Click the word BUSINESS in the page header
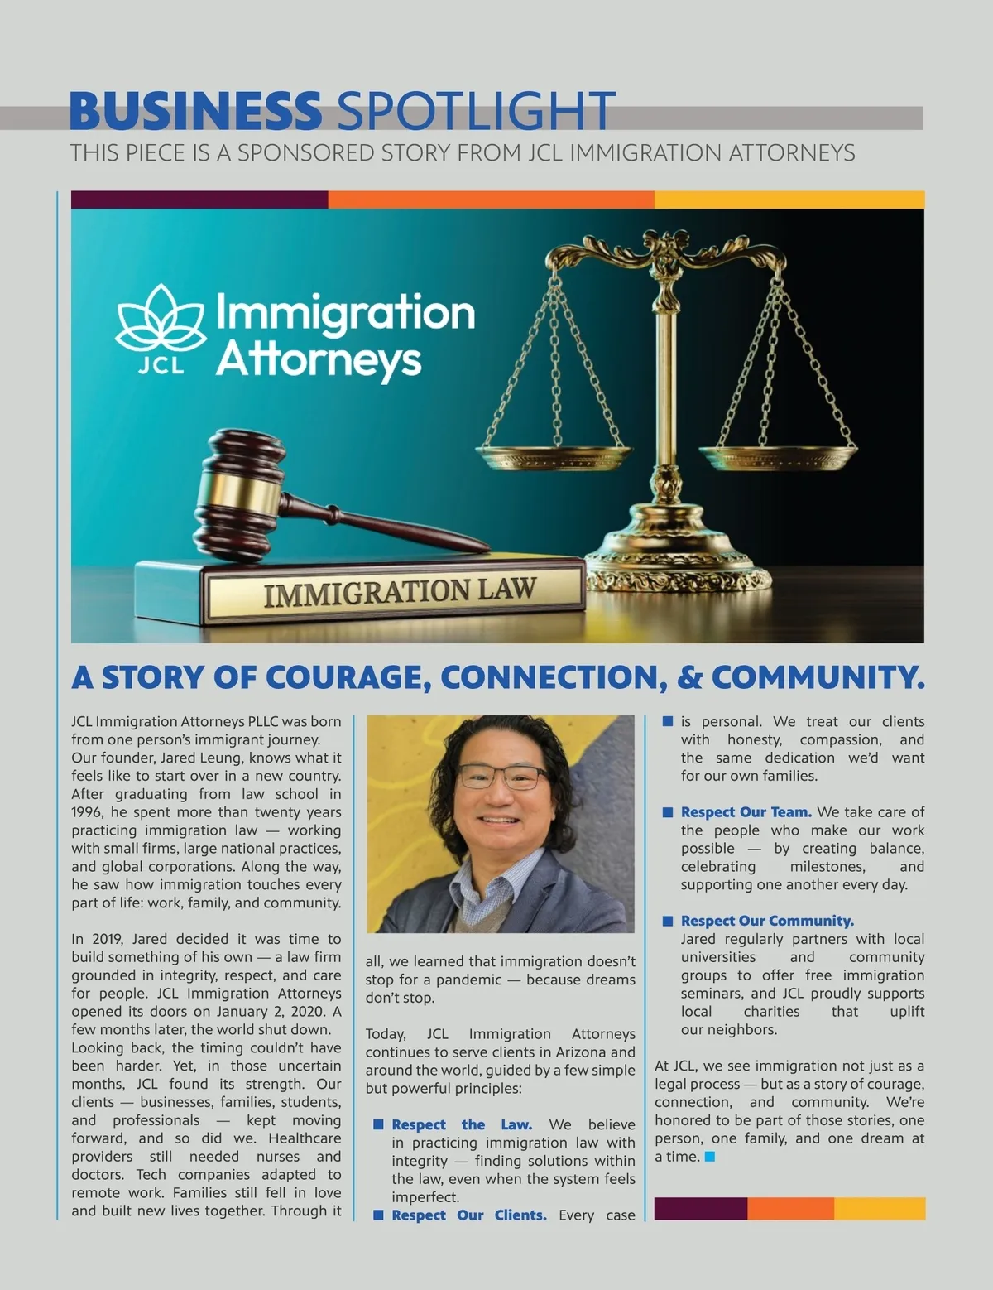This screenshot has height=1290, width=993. click(195, 111)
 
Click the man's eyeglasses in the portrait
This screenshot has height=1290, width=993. click(502, 777)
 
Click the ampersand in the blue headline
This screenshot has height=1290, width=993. click(688, 677)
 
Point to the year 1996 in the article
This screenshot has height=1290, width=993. click(88, 812)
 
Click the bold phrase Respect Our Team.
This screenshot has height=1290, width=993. click(746, 812)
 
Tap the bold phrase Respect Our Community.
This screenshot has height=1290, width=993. click(767, 921)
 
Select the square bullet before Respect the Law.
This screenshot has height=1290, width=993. click(379, 1124)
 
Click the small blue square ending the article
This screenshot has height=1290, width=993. click(709, 1157)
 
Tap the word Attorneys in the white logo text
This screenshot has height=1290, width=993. click(319, 360)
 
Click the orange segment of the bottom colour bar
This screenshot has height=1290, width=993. click(790, 1208)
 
